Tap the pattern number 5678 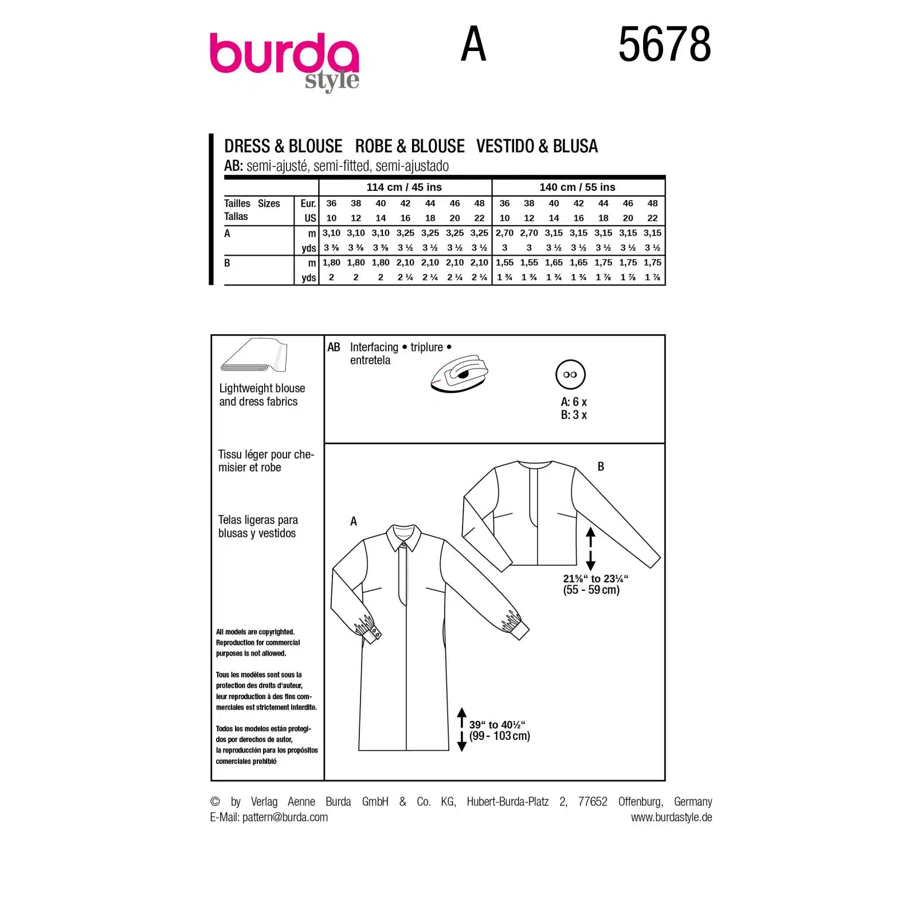pos(664,44)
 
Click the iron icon pos(459,374)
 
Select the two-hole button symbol pos(570,375)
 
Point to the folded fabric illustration pos(254,355)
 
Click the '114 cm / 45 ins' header pos(404,187)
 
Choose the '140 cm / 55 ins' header pos(577,187)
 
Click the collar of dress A pos(404,536)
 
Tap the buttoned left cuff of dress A pos(367,629)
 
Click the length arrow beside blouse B pos(590,549)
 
